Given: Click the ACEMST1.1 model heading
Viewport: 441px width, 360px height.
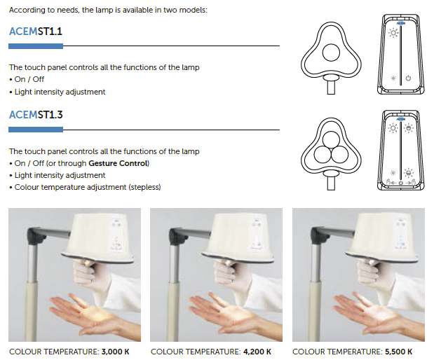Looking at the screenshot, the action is click(36, 32).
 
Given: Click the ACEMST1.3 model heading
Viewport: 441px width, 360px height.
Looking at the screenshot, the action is click(36, 115).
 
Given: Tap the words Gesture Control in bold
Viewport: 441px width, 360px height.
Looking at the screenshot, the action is click(118, 163).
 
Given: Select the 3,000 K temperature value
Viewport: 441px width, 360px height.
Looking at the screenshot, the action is click(115, 352).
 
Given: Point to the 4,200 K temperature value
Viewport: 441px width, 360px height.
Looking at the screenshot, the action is click(257, 352).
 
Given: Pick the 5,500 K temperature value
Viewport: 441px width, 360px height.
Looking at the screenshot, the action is click(398, 352).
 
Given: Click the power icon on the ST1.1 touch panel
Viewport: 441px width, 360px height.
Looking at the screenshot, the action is click(408, 78).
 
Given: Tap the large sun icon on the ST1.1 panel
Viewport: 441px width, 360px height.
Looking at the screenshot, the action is click(393, 33).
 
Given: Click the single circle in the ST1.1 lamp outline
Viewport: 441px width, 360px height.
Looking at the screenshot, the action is click(331, 53).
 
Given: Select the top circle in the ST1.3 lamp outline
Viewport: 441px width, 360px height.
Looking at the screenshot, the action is click(331, 139).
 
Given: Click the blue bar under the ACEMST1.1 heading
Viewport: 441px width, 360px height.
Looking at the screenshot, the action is click(36, 46).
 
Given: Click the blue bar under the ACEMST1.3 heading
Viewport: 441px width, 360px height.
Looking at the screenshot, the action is click(36, 130).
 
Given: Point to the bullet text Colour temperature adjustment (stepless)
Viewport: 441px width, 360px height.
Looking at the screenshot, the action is click(88, 187).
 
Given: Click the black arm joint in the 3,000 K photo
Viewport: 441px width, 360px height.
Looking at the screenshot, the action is click(36, 235).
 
